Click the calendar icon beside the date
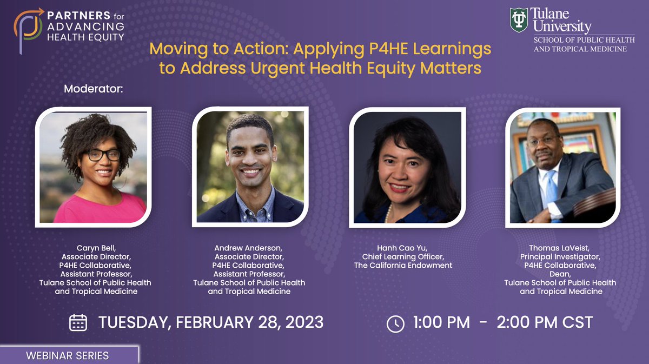coord(78,322)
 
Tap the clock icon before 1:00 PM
coord(395,323)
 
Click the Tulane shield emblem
coord(519,19)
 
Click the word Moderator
coord(94,88)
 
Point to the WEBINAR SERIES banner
coord(68,355)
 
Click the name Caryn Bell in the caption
coord(95,248)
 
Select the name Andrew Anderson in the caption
coord(249,248)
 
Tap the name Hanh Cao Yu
coord(403,248)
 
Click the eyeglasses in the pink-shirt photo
coord(102,155)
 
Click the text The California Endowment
coord(403,265)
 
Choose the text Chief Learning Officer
coord(403,256)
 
